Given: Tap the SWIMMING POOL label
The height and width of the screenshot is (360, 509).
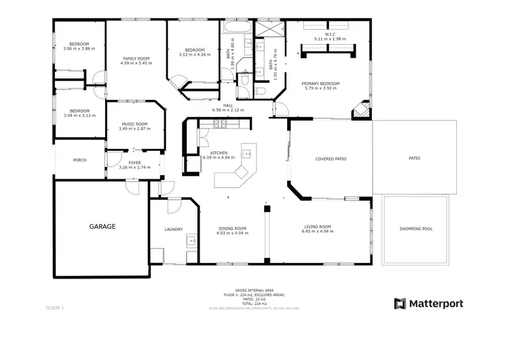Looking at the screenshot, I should point(415,229).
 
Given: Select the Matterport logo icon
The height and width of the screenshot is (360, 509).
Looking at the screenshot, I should point(400,304).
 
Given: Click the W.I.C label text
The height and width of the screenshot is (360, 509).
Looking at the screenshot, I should point(331,34).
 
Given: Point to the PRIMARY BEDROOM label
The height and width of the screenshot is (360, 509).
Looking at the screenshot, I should point(321,84).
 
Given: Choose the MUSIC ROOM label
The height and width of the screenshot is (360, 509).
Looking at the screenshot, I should point(134,124).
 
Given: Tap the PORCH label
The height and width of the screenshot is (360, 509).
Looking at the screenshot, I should point(79,160).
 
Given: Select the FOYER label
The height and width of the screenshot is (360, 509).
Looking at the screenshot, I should point(134,163).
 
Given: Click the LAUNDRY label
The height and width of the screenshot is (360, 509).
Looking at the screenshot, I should point(173,229).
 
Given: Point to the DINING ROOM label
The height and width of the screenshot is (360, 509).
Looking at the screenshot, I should point(232,228).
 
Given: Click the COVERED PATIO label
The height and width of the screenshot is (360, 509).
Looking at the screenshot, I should point(331,158).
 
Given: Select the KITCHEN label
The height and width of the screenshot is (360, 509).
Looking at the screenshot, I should point(223,153).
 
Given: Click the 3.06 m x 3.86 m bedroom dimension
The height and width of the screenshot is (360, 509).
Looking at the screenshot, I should point(79,49).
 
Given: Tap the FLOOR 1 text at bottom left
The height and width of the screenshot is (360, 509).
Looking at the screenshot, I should point(54,308).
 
